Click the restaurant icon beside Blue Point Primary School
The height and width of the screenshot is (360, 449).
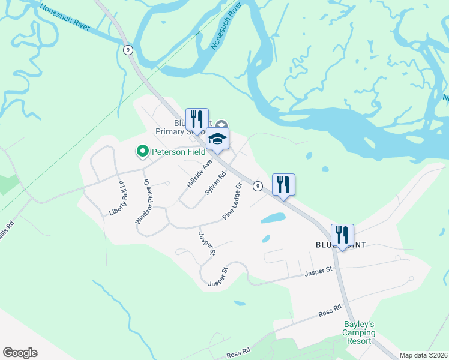(x=197, y=119)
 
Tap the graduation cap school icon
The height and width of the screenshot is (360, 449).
(x=217, y=140)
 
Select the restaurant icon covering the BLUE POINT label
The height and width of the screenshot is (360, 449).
(x=342, y=235)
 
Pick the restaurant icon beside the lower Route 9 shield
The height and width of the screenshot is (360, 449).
(x=283, y=184)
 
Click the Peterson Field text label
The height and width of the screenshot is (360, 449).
(x=178, y=152)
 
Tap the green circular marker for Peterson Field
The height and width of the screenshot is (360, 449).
(x=143, y=151)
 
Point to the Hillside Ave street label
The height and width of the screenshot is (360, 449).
(x=199, y=174)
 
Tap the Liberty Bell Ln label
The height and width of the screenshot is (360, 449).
(x=116, y=198)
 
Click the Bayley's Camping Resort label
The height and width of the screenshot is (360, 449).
(x=360, y=333)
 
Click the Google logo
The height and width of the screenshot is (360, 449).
(x=20, y=353)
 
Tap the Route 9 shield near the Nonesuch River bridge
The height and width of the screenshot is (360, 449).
(x=128, y=50)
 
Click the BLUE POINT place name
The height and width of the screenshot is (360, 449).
(x=340, y=245)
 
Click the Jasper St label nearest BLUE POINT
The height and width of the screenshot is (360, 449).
(x=318, y=272)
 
